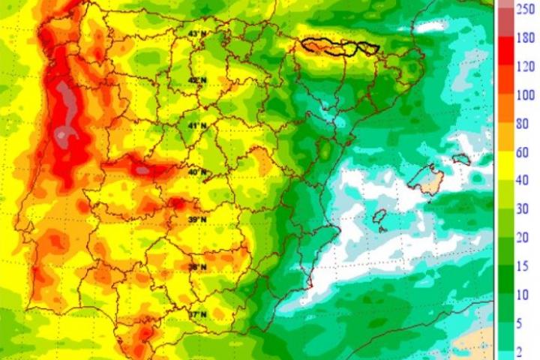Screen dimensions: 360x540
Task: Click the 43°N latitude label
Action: pyautogui.click(x=196, y=34)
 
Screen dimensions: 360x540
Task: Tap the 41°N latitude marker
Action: pyautogui.click(x=196, y=125)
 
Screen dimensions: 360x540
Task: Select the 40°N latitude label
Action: pyautogui.click(x=196, y=172)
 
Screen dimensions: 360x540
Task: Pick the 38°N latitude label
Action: pyautogui.click(x=196, y=266)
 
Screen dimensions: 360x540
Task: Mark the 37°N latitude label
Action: pyautogui.click(x=196, y=315)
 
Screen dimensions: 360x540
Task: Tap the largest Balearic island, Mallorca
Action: pyautogui.click(x=427, y=179)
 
